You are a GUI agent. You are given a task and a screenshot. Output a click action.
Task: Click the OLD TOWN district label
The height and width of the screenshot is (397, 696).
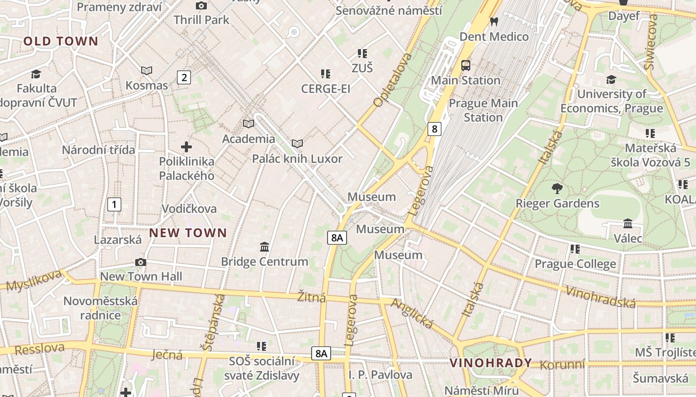coord(61,41)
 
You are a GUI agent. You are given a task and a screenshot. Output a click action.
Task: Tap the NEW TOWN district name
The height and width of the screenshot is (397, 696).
coord(188,233)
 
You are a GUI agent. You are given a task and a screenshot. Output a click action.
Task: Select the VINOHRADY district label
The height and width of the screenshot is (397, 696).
coord(491,363)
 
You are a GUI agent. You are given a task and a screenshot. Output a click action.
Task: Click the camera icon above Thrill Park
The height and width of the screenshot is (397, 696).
coord(201,6)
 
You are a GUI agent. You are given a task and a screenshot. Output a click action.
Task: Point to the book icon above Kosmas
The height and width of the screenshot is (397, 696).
coord(147,71)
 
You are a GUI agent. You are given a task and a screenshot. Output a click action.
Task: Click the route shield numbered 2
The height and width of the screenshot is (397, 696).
coord(184,77)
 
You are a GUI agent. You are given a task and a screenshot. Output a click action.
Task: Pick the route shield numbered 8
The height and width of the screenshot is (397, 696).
coord(435,129)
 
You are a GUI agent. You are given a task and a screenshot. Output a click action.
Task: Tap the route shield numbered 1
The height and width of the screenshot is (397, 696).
coord(114,204)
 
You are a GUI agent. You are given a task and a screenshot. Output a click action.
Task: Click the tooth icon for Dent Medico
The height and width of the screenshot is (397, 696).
coord(494,21)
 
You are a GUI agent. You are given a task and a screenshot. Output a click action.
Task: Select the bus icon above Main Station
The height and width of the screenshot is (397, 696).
coord(466,66)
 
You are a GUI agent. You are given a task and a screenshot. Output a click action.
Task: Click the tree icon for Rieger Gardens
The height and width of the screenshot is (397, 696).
coord(557,189)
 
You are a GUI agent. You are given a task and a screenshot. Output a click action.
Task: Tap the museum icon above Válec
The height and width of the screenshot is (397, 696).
coord(627,224)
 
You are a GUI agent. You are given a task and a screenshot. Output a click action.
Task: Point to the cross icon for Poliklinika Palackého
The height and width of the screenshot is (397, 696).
coord(186,147)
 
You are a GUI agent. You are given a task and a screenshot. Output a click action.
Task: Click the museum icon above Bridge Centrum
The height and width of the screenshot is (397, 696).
coord(264,247)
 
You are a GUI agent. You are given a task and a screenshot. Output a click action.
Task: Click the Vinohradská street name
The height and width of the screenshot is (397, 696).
coord(601,297)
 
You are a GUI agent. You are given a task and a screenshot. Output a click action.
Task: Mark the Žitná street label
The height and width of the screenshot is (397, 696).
coord(311,297)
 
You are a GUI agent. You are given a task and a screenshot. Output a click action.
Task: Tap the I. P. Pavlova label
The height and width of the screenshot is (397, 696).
coord(380,375)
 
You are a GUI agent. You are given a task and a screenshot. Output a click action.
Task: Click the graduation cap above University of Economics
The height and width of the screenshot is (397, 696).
coord(611,79)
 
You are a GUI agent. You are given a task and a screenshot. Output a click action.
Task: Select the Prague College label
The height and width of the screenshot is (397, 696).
coord(575,264)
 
